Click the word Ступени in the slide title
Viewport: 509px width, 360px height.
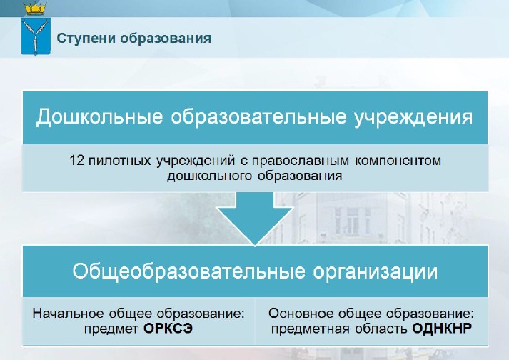point(86,39)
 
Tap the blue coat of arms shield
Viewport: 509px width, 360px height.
point(36,36)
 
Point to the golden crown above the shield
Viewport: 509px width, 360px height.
point(36,9)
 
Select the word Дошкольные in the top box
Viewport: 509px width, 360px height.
point(99,116)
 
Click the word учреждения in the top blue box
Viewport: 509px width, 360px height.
point(413,117)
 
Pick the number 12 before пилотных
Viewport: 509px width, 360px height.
point(77,161)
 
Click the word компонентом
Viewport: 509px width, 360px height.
point(398,161)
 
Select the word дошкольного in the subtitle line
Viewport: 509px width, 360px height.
point(210,176)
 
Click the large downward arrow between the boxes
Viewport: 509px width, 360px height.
point(255,218)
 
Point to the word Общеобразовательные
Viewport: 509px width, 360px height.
point(189,271)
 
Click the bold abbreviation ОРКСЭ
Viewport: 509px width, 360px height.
point(168,329)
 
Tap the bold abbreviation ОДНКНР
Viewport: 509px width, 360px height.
point(442,329)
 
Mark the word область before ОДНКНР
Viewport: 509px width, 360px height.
point(381,329)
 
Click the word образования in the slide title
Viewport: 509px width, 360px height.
point(166,39)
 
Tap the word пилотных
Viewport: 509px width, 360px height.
point(120,161)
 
